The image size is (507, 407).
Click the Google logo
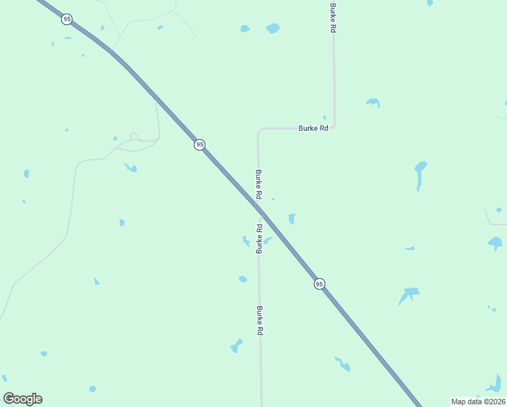click(22, 398)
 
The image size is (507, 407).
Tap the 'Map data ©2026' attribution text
click(478, 402)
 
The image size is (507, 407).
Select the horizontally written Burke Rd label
click(313, 128)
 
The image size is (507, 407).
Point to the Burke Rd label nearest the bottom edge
click(260, 321)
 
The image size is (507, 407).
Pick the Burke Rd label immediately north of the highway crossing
click(258, 184)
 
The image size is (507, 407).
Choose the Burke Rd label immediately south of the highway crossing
click(258, 238)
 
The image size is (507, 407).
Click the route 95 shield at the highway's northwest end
click(66, 19)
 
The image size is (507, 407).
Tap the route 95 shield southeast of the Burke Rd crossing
click(319, 284)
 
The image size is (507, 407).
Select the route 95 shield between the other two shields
click(199, 144)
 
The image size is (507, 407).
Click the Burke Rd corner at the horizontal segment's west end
click(258, 130)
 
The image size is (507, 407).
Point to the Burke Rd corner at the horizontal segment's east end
click(334, 126)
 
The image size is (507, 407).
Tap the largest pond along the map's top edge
click(272, 28)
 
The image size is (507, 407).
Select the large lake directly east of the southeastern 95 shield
click(409, 294)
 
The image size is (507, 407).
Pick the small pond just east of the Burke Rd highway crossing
click(291, 218)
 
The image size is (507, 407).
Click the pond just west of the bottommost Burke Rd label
click(237, 346)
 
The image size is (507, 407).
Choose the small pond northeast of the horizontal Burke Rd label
click(372, 102)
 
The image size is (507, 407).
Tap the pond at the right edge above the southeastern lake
click(495, 242)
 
